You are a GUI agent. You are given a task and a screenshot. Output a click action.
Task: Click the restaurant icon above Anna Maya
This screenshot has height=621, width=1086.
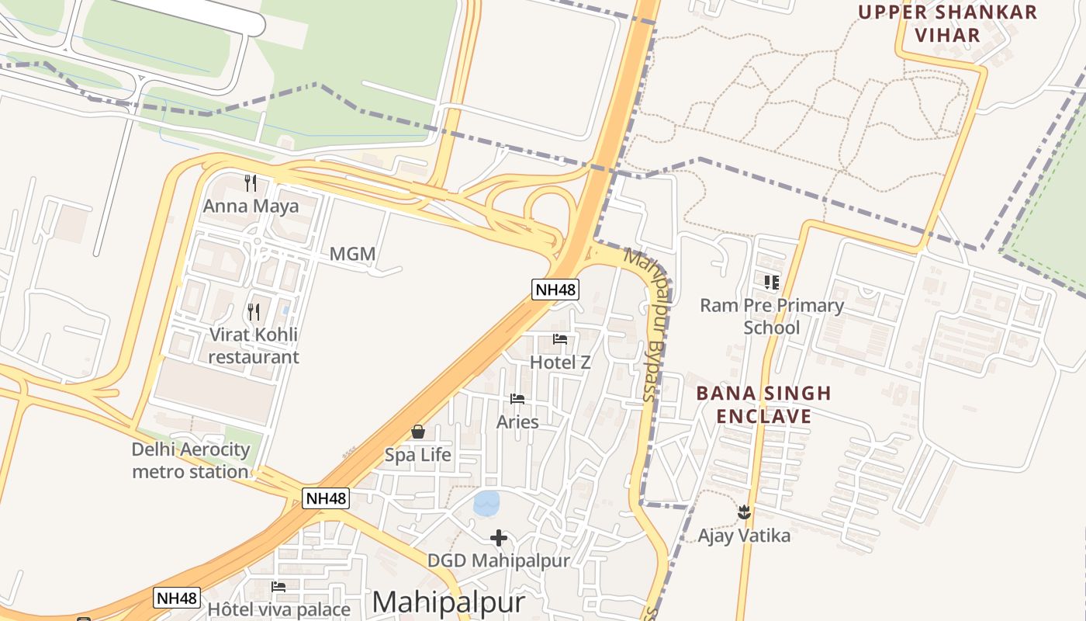[250, 183]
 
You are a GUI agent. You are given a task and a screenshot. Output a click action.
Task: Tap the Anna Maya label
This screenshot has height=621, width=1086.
[250, 206]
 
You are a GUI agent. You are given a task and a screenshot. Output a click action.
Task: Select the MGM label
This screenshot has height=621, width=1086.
[352, 254]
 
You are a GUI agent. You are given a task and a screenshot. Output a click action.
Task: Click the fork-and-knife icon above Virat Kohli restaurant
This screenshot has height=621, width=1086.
[254, 312]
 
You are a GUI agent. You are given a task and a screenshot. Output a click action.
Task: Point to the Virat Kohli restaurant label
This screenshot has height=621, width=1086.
[254, 346]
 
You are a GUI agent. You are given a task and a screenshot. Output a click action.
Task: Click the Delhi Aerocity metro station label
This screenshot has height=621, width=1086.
[191, 460]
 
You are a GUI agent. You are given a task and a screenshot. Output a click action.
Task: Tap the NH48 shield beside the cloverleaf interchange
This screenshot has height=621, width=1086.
[555, 290]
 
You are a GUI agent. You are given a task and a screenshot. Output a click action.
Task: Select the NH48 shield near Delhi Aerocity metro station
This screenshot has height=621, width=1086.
[326, 498]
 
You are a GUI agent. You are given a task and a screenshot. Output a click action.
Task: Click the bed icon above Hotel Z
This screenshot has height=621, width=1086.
[560, 339]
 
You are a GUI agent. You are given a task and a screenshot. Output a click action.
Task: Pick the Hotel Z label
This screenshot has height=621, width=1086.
[560, 363]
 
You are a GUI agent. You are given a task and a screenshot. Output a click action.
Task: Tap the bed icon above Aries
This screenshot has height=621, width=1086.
[517, 399]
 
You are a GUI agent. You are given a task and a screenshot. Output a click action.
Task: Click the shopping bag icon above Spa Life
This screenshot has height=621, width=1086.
[418, 432]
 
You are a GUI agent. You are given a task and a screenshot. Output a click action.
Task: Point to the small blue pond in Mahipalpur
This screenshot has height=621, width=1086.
[486, 504]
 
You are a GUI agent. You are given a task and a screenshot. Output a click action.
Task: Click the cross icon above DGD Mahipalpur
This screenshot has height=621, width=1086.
[499, 537]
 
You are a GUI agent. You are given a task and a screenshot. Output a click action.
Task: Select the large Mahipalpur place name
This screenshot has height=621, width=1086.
[448, 602]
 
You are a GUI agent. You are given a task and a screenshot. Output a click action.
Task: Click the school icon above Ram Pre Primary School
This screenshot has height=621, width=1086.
[771, 283]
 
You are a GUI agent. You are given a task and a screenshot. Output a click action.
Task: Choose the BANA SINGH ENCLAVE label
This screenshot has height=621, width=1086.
[763, 404]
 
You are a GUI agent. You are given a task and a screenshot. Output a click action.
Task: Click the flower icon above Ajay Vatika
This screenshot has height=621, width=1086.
[744, 512]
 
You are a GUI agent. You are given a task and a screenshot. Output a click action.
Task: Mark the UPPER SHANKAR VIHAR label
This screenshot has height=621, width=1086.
[947, 23]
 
